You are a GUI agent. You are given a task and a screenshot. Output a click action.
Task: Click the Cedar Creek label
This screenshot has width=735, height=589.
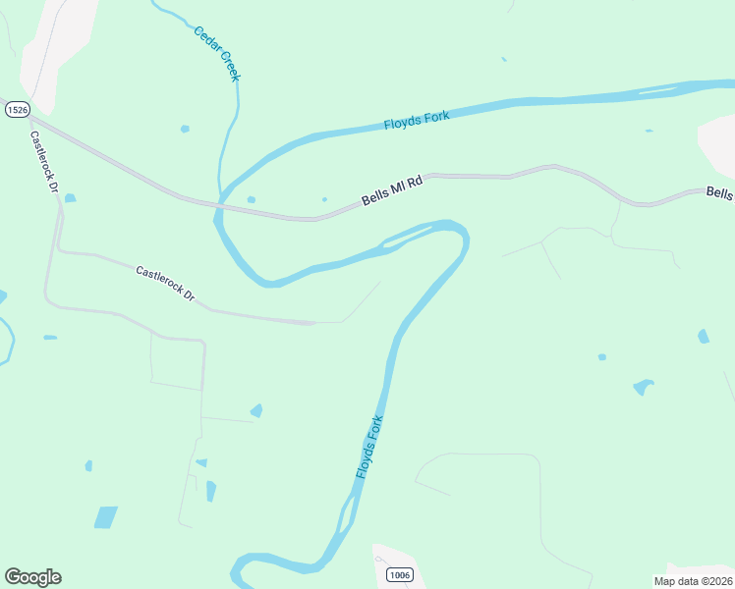(216, 52)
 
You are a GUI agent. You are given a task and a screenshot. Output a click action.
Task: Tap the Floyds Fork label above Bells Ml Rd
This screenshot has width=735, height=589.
(416, 121)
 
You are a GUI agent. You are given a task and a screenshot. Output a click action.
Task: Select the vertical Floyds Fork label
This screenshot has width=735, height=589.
(368, 447)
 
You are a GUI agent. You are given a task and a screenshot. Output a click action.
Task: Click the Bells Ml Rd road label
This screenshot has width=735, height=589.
(391, 189)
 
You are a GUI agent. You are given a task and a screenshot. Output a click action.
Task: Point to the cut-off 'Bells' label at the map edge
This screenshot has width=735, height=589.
(719, 192)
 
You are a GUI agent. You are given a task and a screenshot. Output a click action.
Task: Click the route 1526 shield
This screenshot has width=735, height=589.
(16, 109)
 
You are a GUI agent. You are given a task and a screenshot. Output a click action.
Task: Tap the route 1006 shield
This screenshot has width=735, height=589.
(398, 574)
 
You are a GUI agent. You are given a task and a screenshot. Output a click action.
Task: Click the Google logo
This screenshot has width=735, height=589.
(32, 577)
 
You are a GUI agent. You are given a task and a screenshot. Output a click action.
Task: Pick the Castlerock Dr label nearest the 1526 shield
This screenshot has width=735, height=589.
(44, 162)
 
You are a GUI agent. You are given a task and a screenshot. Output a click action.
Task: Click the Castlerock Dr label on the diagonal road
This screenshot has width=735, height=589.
(165, 283)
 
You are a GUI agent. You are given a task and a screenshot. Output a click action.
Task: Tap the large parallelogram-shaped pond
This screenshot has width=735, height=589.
(105, 517)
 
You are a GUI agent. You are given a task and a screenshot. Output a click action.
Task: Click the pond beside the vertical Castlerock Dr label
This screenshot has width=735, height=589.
(70, 198)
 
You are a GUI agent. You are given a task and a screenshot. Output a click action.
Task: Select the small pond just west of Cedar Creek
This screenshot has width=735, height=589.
(185, 129)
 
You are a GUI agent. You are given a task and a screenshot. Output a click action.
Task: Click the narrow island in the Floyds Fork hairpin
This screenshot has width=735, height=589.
(403, 236)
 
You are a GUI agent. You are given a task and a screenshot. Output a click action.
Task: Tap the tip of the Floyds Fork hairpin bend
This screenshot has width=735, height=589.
(462, 232)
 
